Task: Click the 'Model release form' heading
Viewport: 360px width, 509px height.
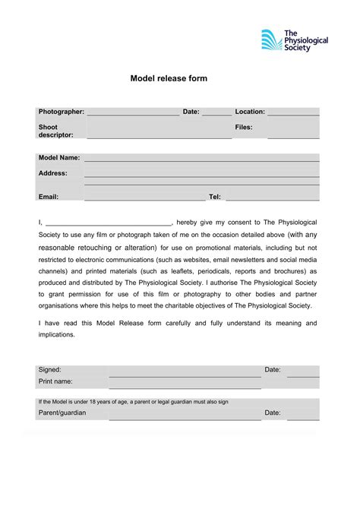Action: [168, 78]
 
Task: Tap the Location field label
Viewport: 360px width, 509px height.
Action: [250, 112]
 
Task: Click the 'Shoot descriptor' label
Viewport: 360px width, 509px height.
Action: [55, 131]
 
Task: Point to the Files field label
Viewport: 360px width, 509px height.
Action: [243, 127]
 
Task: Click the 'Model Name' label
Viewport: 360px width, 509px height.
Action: [59, 158]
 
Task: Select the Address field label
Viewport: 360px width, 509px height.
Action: [52, 173]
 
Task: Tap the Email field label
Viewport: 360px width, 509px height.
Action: [49, 197]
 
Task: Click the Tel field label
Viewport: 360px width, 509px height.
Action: [214, 197]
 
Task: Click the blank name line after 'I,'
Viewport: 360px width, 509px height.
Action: [109, 223]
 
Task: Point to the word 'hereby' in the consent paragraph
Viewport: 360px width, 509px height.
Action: [191, 223]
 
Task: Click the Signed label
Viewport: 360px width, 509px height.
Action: [50, 369]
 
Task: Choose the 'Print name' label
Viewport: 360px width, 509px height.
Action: [55, 381]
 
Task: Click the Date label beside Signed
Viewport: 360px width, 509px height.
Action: [273, 369]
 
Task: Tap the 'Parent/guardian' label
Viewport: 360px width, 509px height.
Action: [62, 413]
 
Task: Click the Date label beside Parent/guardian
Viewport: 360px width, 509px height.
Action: [273, 413]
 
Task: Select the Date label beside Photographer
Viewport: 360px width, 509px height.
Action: [191, 112]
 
